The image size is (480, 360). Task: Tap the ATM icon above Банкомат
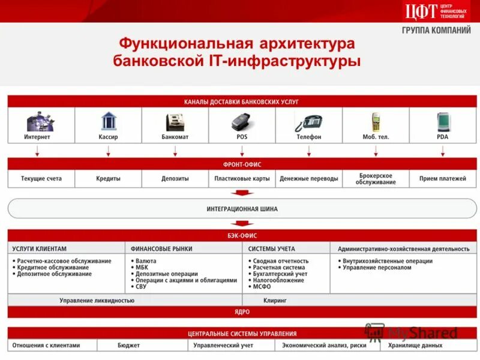[175, 122]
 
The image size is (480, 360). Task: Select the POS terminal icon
[242, 122]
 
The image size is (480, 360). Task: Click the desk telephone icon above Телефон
[308, 122]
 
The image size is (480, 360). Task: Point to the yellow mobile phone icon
[376, 122]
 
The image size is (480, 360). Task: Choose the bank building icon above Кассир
[109, 121]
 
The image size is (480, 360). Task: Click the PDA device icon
[443, 122]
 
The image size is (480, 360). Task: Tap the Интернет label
[37, 137]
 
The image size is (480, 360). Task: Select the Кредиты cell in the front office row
[109, 179]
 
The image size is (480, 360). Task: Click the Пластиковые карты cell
[242, 179]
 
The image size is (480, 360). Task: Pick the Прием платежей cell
[443, 179]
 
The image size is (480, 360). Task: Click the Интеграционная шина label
[242, 209]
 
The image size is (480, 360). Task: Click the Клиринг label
[275, 300]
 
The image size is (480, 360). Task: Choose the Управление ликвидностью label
[97, 300]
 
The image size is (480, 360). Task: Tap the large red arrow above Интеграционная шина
[242, 193]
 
